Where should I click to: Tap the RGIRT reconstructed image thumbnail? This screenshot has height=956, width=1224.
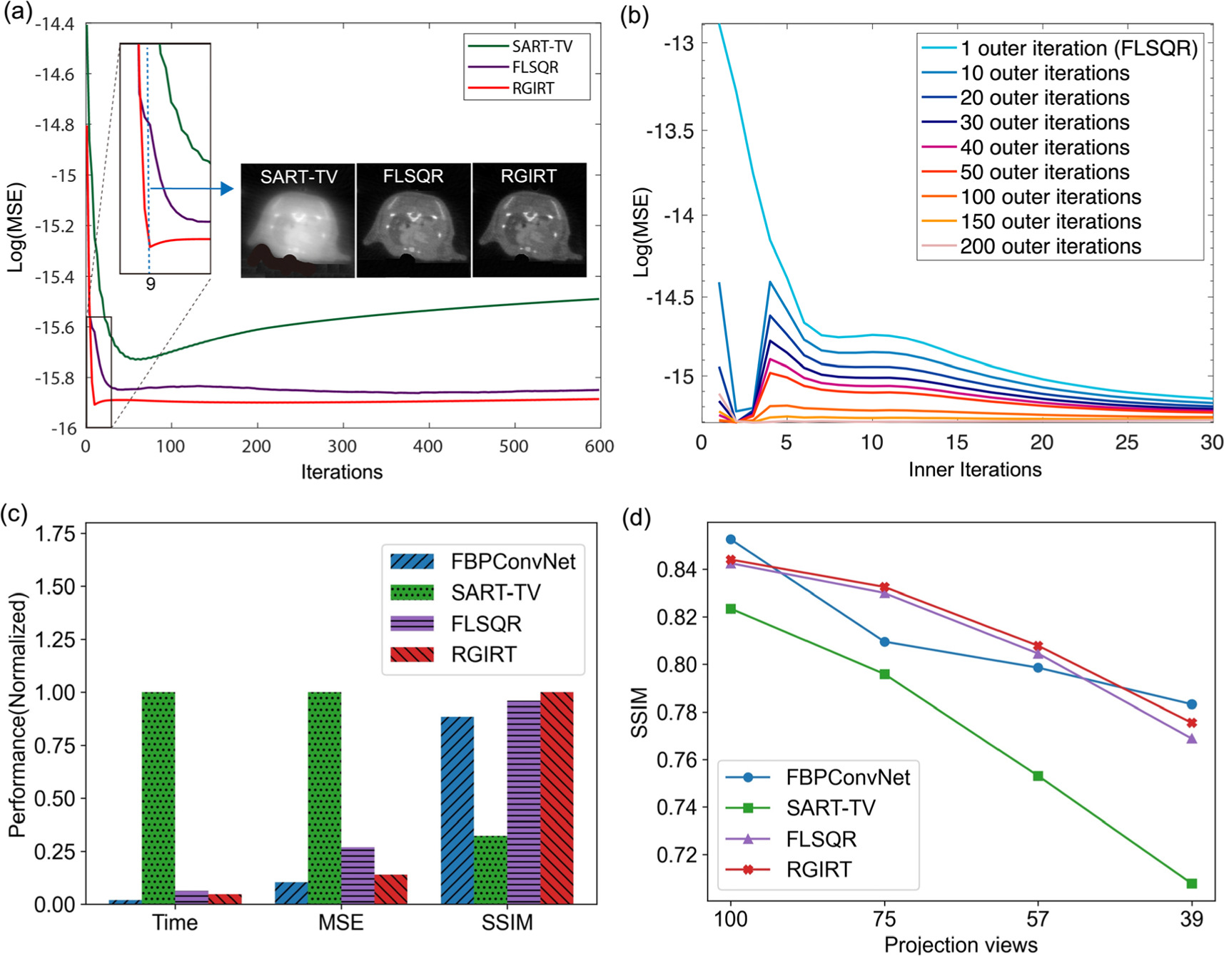pos(529,220)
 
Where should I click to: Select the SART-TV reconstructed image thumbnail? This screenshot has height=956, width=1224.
pos(298,220)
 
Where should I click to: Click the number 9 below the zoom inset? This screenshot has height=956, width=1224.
pos(151,284)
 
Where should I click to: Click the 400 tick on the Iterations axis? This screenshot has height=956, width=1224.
pos(428,447)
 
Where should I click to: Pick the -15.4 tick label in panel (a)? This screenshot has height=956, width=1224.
pos(54,277)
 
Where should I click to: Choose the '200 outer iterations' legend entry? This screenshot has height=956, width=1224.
pos(1050,247)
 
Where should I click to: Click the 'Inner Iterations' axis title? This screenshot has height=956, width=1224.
pos(974,469)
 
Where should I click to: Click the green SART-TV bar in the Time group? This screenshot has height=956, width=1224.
pos(158,798)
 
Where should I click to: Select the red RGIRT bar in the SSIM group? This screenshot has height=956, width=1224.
pos(557,798)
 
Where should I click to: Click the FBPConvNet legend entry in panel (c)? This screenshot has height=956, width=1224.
pos(512,561)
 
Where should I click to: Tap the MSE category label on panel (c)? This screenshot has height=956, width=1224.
pos(340,922)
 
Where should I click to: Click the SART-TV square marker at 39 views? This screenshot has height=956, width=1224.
pos(1191,883)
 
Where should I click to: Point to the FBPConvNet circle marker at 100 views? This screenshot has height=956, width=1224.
pos(730,539)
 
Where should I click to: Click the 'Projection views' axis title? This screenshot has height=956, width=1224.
pos(960,945)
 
